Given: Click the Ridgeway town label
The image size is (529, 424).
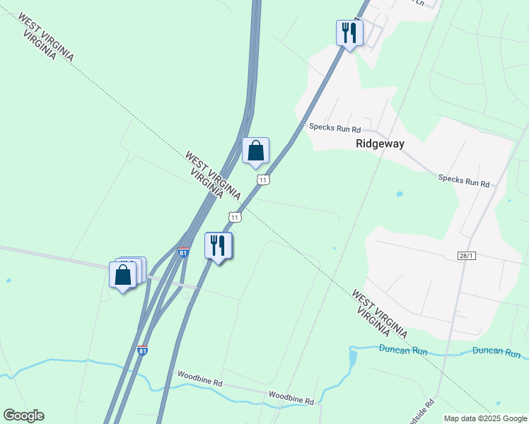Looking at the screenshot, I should (x=380, y=143).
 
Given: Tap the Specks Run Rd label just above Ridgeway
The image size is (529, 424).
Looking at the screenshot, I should (x=335, y=128).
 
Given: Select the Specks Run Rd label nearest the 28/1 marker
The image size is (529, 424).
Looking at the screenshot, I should (x=463, y=182).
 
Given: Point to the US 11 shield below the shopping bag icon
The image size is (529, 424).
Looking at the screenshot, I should (x=263, y=179).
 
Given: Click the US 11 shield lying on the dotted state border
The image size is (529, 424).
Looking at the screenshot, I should (x=235, y=216).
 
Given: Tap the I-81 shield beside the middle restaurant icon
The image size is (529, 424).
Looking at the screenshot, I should (x=183, y=252).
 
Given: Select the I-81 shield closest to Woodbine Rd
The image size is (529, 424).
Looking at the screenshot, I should (x=143, y=350).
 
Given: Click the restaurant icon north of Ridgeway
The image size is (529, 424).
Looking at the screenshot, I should (x=349, y=33).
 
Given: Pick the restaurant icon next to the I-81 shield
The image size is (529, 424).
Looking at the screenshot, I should (x=219, y=246).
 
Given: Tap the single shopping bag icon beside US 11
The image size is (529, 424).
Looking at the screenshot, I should (x=255, y=151).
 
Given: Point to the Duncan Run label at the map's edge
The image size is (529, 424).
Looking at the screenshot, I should (x=496, y=352).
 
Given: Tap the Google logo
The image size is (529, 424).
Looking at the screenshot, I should (x=23, y=416).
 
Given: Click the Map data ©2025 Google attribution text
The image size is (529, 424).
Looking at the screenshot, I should (x=485, y=418).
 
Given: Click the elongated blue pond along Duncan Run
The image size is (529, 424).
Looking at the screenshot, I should (x=352, y=359).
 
